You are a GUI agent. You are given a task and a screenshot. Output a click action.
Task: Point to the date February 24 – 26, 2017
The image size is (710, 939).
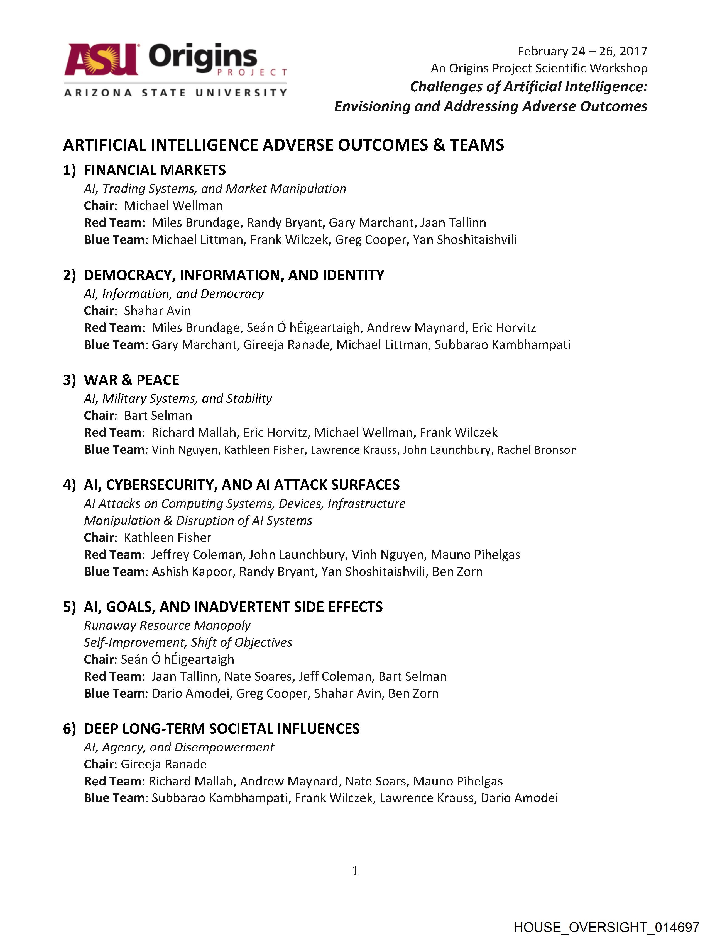coord(582,51)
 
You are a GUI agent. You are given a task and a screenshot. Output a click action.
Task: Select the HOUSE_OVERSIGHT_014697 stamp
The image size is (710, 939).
coord(606,927)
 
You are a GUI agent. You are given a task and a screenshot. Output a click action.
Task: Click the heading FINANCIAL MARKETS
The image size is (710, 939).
coord(155,170)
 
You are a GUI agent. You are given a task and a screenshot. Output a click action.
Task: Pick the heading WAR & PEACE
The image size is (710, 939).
coord(131,380)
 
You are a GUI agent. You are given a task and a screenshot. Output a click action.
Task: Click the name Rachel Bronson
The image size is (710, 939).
coord(537,450)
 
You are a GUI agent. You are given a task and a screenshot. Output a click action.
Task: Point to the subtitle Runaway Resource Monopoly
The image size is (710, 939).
coord(167,625)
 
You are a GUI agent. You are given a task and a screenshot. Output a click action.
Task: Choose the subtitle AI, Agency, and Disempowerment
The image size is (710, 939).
coord(179,747)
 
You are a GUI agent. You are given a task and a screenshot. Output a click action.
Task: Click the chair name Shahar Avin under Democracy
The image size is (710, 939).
coord(157,311)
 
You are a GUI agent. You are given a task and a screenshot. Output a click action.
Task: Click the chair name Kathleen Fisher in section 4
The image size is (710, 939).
coord(168,538)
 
